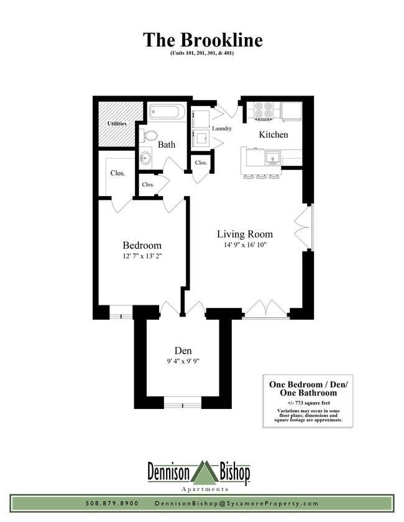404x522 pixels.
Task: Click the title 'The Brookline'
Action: click(203, 40)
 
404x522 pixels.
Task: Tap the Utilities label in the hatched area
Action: click(117, 124)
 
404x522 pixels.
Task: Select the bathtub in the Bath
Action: click(167, 114)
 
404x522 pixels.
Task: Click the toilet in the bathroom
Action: click(149, 135)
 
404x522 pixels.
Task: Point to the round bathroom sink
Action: click(145, 156)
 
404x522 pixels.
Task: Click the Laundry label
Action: click(222, 129)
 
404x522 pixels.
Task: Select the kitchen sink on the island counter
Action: click(272, 159)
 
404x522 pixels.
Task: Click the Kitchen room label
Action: click(273, 134)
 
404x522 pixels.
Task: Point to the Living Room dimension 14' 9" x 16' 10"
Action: click(244, 245)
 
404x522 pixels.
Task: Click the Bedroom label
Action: click(142, 245)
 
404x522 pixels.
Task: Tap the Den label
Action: click(182, 351)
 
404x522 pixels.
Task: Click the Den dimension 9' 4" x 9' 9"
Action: click(182, 362)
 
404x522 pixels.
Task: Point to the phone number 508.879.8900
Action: click(112, 503)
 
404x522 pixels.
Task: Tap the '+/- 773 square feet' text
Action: click(308, 402)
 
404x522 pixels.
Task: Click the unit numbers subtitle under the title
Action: click(203, 54)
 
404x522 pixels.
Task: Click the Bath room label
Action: click(166, 145)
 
